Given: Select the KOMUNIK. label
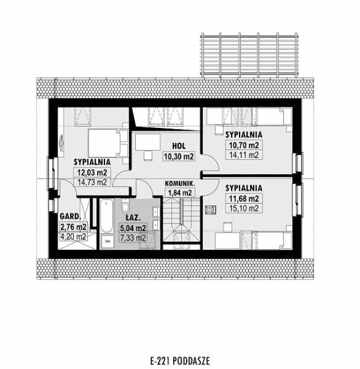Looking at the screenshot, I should coord(180,183).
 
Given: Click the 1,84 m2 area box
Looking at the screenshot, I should coord(179,193).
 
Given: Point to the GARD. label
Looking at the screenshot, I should coord(70,216).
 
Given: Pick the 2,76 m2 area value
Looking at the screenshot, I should coord(73,227).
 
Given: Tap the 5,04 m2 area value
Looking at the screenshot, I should coord(135,228).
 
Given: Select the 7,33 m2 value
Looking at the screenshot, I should coord(135,238).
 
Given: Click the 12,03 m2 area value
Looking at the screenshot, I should coord(91,172).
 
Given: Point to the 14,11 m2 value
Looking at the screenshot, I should coord(244,154).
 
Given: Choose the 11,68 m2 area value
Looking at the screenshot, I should coord(244,198).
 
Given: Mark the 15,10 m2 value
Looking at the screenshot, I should coord(244,208).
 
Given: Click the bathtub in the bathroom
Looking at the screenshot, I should coord(106,217).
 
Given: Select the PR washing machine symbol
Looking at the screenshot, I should coord(107,241).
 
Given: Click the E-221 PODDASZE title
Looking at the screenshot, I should coord(179,360).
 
